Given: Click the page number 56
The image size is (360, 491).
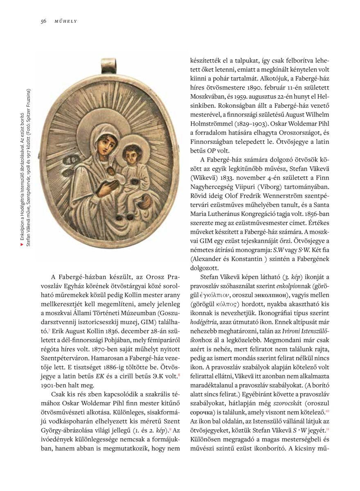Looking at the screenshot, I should [43, 21].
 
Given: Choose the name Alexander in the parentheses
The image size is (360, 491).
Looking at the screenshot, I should [209, 259].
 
